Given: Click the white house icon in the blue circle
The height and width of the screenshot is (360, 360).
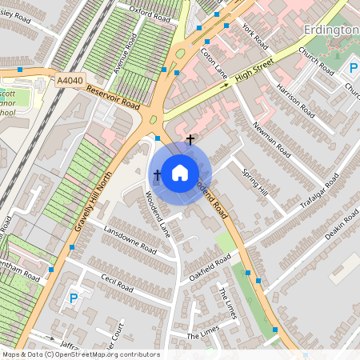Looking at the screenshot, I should tap(180, 172).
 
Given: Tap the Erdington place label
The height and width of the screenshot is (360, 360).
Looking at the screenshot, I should tap(331, 30).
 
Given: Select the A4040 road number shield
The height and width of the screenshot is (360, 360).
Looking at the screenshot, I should tap(70, 80).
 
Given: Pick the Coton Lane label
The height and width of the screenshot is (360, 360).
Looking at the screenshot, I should tap(214, 63).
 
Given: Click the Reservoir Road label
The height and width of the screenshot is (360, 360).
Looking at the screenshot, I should tap(113, 98).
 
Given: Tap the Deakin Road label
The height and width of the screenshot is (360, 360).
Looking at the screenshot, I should tap(342, 227).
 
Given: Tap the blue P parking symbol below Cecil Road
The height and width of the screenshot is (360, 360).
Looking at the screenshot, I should tap(74, 299).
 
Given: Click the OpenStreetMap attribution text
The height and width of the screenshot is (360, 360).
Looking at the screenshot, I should tap(80, 354).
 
